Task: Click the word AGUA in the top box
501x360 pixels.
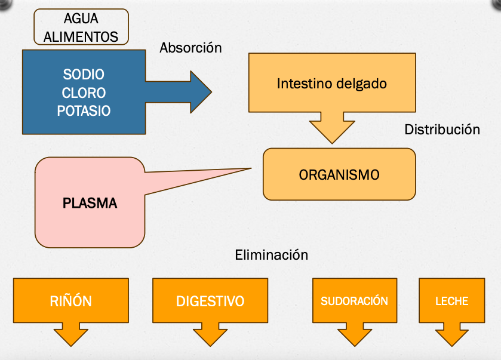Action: coord(81,20)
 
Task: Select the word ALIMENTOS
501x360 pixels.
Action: coord(81,36)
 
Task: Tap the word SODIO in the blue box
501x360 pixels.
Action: coord(84,75)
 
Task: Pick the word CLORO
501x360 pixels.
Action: coord(84,93)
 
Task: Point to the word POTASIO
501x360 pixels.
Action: coord(84,111)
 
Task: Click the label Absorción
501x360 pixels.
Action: coord(190,48)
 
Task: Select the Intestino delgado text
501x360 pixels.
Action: coord(331,84)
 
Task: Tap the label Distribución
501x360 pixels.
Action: coord(442,130)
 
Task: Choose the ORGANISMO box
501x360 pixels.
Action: coord(339,175)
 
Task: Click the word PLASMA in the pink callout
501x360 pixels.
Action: coord(90,204)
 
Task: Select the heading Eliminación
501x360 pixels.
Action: coord(271,256)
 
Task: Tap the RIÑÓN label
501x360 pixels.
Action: coord(71,301)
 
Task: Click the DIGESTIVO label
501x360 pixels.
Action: coord(210,301)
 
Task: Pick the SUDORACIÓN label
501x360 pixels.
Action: coord(354,301)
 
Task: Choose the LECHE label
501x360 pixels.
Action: coord(451,301)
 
